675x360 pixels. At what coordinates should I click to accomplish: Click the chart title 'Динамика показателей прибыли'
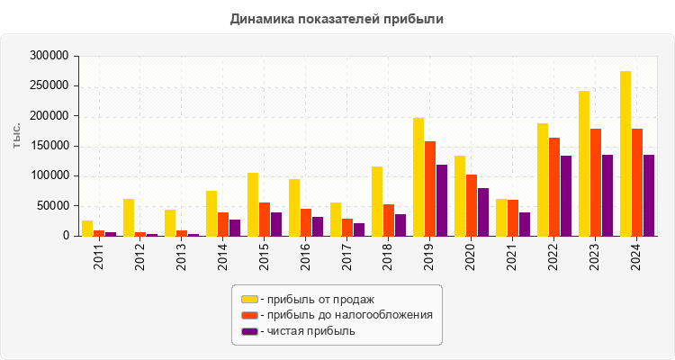337,18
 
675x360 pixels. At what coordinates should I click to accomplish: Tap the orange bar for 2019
430,188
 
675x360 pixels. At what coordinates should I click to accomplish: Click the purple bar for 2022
566,195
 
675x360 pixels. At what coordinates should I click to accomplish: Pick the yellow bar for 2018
377,201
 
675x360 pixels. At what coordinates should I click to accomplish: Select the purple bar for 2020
483,211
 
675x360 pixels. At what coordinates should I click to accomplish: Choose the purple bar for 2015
276,224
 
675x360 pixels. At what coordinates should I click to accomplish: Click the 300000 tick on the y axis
49,56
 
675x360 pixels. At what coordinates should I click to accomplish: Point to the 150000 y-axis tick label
49,146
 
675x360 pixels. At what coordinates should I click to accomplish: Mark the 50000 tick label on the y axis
53,206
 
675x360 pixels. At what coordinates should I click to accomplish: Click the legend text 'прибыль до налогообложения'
346,315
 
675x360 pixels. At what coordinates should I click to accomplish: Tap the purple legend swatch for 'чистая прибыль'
248,331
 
